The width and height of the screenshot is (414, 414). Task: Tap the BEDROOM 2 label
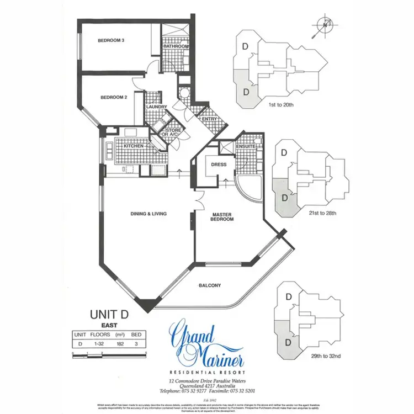click(114, 98)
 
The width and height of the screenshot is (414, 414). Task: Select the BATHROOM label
click(176, 47)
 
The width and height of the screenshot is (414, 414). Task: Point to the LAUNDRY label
click(156, 107)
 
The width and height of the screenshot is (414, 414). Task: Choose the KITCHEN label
click(134, 146)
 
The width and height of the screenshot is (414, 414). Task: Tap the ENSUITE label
click(245, 146)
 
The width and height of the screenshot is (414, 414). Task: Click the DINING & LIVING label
click(148, 214)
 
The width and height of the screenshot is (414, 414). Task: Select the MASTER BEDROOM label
click(223, 216)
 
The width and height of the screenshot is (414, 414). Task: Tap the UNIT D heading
click(109, 314)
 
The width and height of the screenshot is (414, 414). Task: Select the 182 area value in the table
click(120, 343)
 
